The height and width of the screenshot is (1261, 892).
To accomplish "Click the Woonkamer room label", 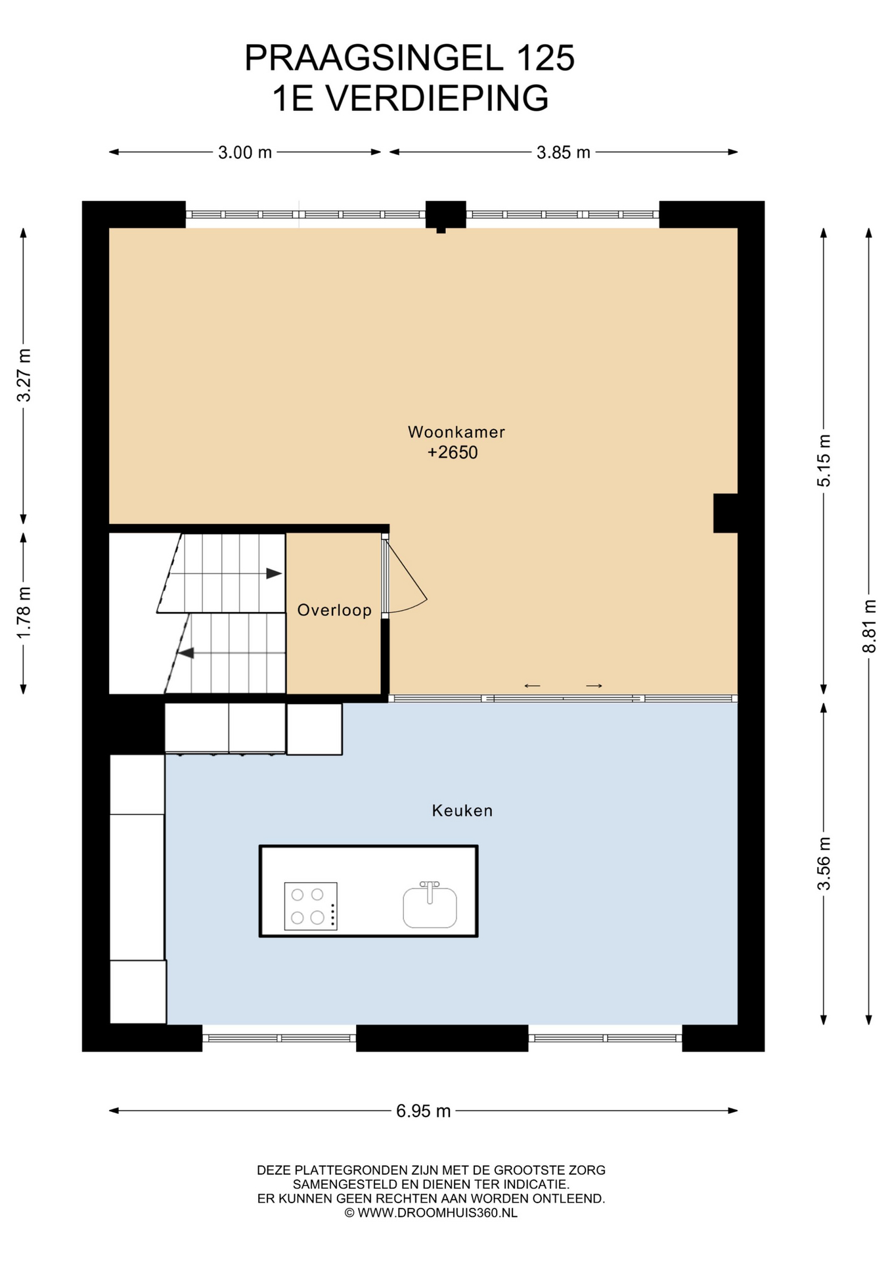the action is [x=456, y=432].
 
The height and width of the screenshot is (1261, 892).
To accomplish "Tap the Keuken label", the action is [x=462, y=810].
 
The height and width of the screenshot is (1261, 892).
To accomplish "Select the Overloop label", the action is [x=334, y=610].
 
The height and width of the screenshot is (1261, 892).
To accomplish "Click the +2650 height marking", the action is [x=453, y=453].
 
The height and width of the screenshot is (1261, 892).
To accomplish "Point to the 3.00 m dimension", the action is [x=245, y=152].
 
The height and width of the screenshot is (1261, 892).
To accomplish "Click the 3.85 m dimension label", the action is [x=564, y=152].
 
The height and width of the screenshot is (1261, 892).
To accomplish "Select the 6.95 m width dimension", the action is [x=424, y=1111].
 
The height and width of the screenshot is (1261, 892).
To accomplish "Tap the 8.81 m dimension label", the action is [x=870, y=626].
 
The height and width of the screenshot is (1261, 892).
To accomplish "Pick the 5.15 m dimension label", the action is [x=824, y=460].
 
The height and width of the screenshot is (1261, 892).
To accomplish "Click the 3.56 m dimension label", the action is [x=824, y=864].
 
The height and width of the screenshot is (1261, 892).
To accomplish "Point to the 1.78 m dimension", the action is [x=24, y=612].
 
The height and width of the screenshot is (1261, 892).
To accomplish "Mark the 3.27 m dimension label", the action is [x=24, y=375].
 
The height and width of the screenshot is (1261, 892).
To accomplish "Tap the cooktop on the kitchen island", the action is [x=311, y=906].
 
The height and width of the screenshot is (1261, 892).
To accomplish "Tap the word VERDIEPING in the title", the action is [x=437, y=99].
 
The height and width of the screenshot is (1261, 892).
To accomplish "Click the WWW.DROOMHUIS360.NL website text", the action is [x=437, y=1212].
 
